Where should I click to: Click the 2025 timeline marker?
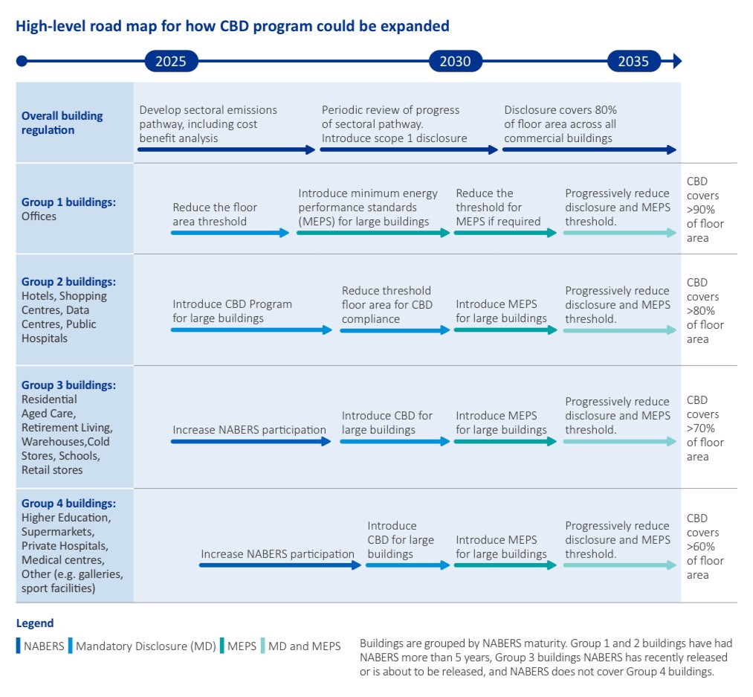[171, 61]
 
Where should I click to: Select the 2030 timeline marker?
[455, 61]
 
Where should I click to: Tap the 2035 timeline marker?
[633, 61]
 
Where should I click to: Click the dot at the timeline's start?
[22, 61]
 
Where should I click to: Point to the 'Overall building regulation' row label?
[62, 123]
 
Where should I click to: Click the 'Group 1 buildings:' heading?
[68, 202]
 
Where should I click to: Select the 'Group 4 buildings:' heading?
[68, 504]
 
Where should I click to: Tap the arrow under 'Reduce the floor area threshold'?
[230, 233]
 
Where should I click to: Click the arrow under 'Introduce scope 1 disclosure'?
[408, 150]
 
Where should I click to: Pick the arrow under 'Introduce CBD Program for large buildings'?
[251, 330]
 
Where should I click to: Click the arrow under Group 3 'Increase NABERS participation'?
[251, 441]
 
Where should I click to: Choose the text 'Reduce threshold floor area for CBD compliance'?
[386, 305]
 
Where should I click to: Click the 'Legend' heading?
[35, 623]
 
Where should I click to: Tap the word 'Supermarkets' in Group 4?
[57, 532]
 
